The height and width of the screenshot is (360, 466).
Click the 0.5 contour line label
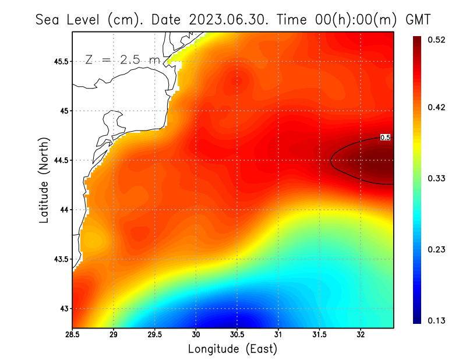[385, 137]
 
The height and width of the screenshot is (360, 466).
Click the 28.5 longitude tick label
[73, 334]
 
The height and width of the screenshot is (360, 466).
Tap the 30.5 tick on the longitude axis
[236, 334]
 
